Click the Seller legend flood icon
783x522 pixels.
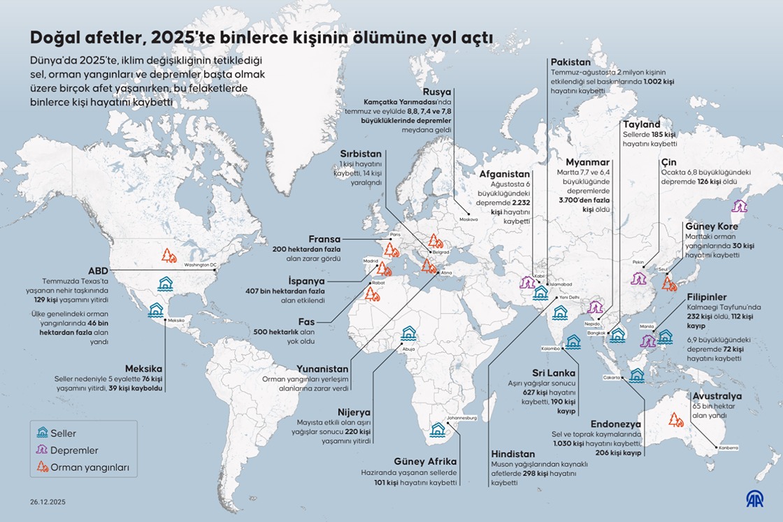43,433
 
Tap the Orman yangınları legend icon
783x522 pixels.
43,467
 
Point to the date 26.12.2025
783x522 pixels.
48,502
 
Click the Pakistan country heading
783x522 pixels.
570,62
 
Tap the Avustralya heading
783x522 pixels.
717,396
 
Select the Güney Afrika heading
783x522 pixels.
425,461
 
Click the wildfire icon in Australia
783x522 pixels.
675,419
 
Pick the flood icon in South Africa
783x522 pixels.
438,429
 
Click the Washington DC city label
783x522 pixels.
201,265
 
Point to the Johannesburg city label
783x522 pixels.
461,418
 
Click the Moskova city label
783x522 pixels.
468,219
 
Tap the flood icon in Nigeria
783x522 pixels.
409,333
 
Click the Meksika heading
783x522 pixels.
144,368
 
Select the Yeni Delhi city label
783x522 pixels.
569,297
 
